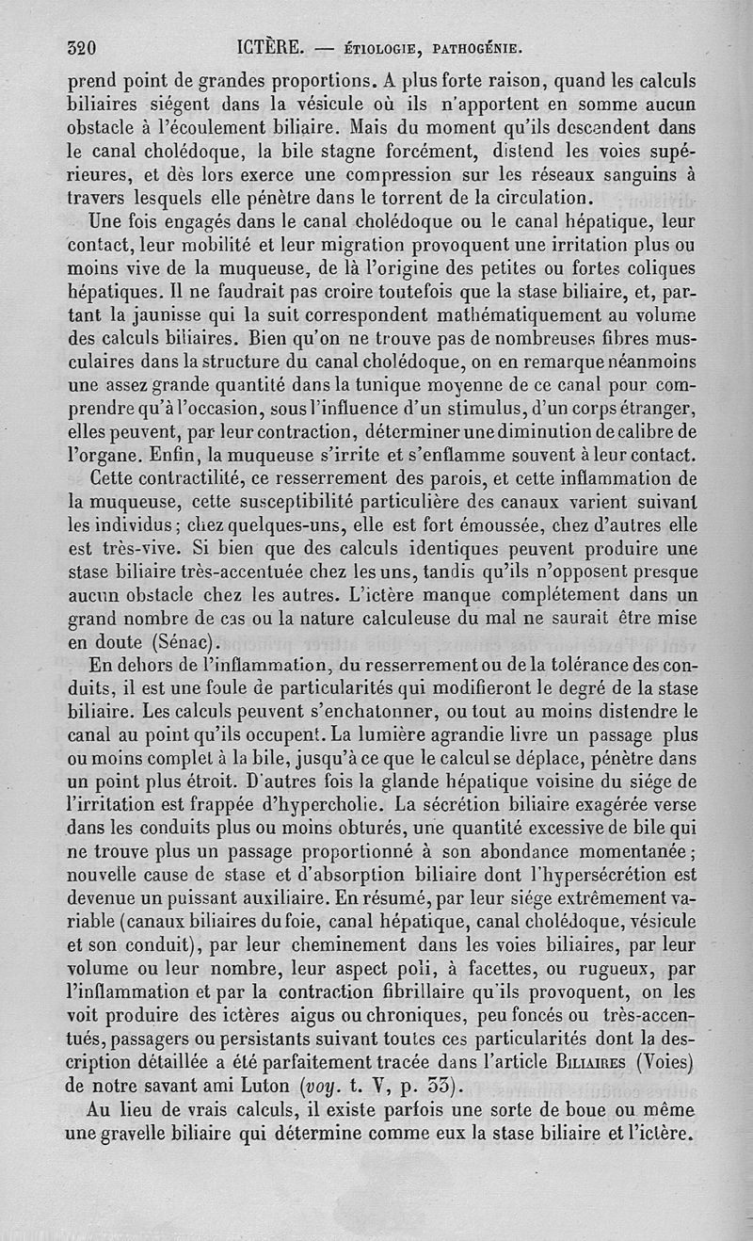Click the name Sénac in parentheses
[x=182, y=643]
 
